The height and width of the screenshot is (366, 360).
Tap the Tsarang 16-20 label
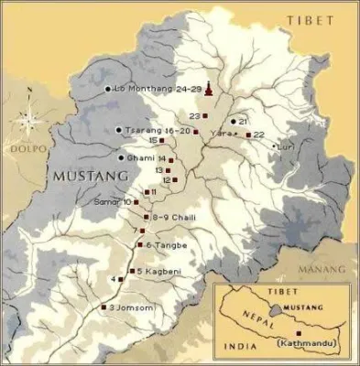coord(158,131)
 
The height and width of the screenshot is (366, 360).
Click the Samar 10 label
coord(115,201)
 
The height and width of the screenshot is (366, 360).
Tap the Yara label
coord(220,134)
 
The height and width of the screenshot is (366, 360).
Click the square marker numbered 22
coord(248,135)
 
